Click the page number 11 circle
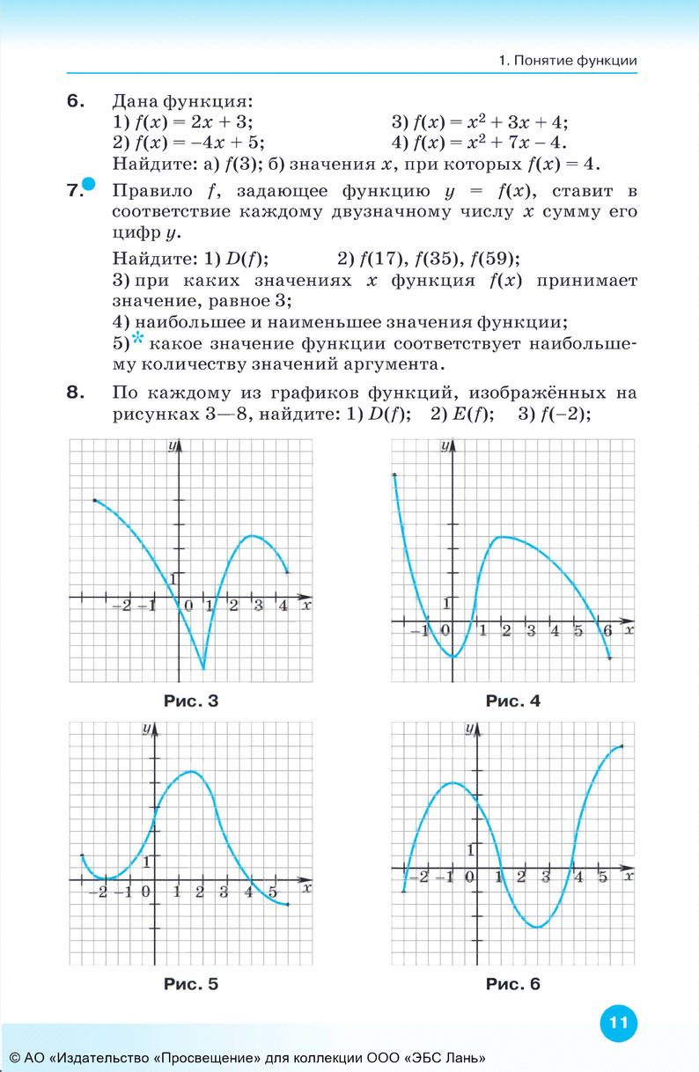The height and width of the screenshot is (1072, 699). (617, 1023)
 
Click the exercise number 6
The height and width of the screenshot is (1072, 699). (76, 100)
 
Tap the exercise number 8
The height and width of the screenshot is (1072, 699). (76, 393)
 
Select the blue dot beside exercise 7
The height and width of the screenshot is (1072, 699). (89, 184)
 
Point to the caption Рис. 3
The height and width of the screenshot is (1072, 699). (190, 701)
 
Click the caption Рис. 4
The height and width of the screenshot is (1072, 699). (512, 701)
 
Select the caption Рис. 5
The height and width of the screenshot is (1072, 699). (190, 984)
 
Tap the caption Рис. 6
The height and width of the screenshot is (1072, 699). (512, 984)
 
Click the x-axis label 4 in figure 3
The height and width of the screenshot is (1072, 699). (283, 606)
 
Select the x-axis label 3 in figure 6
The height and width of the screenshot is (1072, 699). (546, 877)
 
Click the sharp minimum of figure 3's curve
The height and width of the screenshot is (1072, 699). (203, 669)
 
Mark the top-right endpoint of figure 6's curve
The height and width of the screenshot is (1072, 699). (622, 747)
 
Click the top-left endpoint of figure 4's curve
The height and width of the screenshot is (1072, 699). (394, 475)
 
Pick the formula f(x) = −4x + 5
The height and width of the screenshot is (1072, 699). (188, 142)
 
